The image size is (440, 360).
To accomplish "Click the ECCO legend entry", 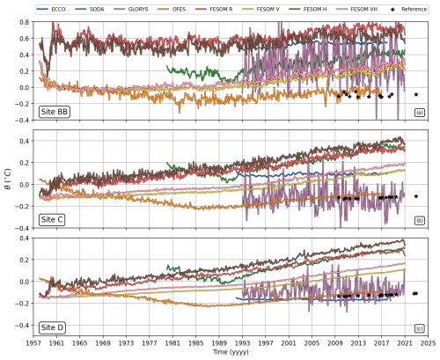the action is point(51,9).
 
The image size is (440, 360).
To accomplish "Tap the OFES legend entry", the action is point(172,9).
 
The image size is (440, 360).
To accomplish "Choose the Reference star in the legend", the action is point(393,10).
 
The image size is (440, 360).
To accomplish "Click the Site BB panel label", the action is point(55,112).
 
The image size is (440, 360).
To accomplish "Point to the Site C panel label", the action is point(52,220).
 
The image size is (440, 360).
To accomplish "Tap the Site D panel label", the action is point(52,327).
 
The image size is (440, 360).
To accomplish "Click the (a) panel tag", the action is point(420,113).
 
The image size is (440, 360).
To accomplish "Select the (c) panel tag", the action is point(420,328).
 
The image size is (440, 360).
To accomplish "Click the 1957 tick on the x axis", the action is point(33,342).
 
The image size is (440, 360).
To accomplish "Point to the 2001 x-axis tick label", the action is point(289,342).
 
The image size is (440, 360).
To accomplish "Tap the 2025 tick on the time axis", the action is point(428,342).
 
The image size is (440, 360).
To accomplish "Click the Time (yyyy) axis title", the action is point(231,352).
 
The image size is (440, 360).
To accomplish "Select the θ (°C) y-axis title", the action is point(8,179).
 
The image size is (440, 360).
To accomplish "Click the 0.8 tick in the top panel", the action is point(25,22).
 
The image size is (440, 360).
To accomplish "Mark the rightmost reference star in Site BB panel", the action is point(416,94).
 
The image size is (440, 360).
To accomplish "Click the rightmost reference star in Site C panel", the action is point(416,196).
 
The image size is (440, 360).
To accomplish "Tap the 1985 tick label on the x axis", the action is point(196,342).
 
